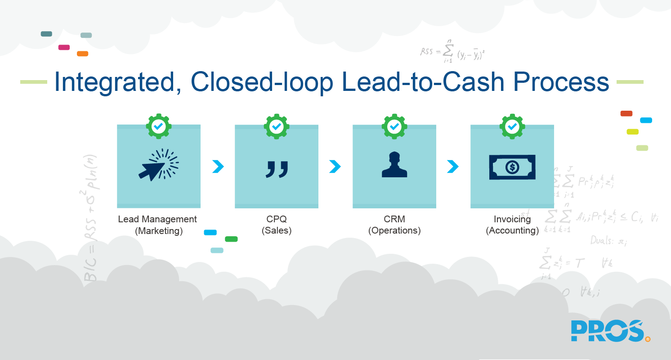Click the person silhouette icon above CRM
tap(394, 165)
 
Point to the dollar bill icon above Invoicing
tap(512, 167)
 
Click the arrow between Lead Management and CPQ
tap(218, 166)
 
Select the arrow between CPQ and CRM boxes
tap(335, 166)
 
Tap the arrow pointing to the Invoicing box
tap(453, 166)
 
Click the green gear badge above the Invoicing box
tap(512, 127)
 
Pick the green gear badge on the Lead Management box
tap(158, 127)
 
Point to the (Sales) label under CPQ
tap(277, 231)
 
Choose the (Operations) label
tap(394, 231)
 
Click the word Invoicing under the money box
tap(512, 219)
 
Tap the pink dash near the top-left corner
tap(64, 47)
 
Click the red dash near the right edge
tap(626, 113)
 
